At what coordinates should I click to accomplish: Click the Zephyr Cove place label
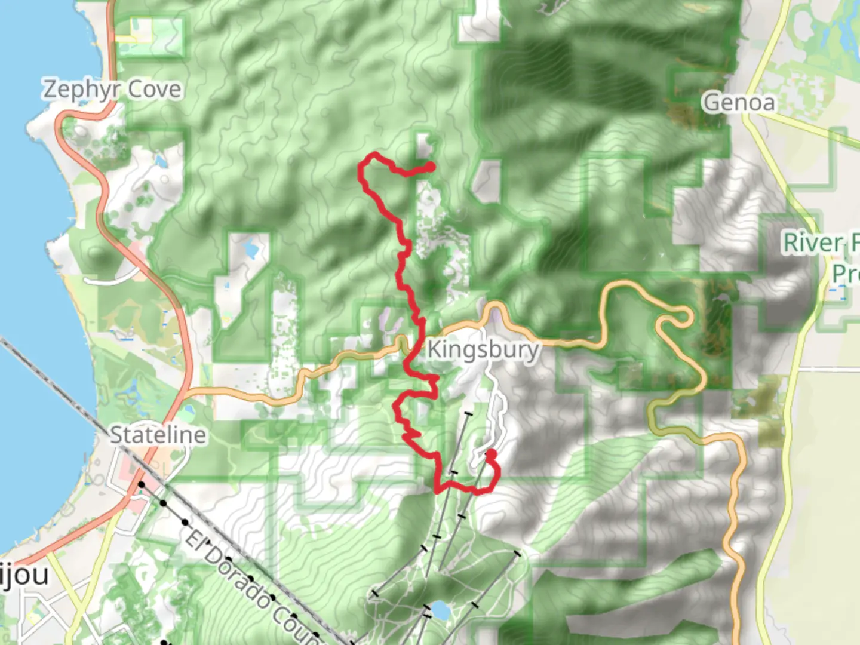(x=112, y=90)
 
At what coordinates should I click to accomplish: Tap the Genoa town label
(x=739, y=103)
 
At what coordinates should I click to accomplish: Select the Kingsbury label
(x=483, y=349)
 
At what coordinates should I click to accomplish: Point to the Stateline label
(x=158, y=435)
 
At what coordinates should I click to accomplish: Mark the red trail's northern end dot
(x=430, y=167)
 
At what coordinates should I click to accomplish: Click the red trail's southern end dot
(x=490, y=454)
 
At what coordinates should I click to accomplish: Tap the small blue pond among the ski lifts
(x=440, y=610)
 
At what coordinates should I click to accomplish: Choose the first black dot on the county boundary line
(x=142, y=484)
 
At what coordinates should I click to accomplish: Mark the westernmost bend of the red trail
(x=361, y=173)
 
